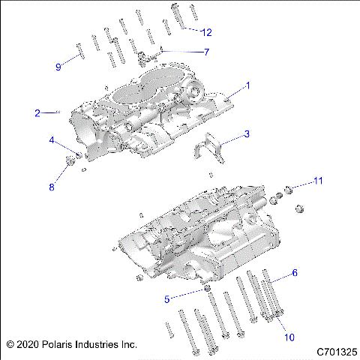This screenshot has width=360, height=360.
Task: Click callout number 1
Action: click(x=247, y=86)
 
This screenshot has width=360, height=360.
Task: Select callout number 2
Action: click(x=37, y=113)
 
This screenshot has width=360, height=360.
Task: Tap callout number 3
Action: click(x=246, y=135)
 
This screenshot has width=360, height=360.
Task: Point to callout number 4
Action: click(x=52, y=140)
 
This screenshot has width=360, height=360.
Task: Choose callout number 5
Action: click(x=168, y=298)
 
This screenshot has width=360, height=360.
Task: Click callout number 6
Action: click(x=295, y=274)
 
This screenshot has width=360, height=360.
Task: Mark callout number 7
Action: click(x=206, y=52)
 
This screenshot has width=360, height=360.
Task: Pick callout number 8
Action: click(x=52, y=187)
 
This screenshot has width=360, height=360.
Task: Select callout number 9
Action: click(x=58, y=67)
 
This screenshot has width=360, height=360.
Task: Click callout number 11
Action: click(x=318, y=181)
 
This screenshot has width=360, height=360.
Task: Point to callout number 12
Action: click(x=206, y=32)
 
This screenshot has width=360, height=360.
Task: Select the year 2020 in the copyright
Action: click(x=26, y=345)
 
